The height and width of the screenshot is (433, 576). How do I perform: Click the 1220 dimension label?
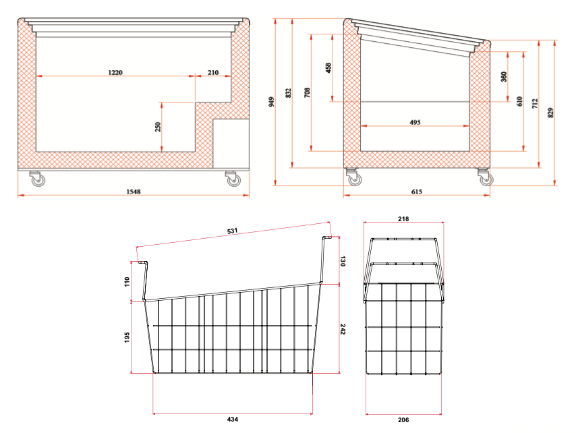coord(115,71)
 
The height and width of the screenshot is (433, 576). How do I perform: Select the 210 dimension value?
coord(213,71)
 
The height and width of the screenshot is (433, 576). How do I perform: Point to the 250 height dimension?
coord(158,127)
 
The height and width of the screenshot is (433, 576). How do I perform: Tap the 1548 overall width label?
coord(134,192)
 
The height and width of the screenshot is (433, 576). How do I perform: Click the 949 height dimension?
coord(271,102)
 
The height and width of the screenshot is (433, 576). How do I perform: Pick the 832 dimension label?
coord(288,92)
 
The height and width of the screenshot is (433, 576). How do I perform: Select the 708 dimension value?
coord(307,92)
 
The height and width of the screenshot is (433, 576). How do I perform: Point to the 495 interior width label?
coord(415,122)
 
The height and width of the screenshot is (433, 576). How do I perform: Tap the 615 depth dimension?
coord(416,192)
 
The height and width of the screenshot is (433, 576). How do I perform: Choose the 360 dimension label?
coord(504,77)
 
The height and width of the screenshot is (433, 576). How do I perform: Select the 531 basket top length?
coord(232,231)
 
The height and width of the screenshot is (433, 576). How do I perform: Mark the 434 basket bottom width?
coord(232,420)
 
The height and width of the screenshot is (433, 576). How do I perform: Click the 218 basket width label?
coord(403,219)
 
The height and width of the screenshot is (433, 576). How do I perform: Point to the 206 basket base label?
coord(403,420)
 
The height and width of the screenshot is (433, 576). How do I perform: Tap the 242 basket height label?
coord(343,329)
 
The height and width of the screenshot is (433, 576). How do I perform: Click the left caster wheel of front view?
coord(36,180)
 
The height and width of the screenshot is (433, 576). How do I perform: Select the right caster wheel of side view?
coord(484,178)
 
